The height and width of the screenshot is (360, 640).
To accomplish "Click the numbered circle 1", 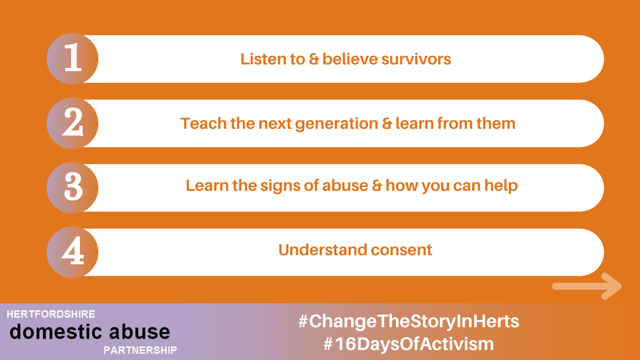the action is click(x=72, y=59).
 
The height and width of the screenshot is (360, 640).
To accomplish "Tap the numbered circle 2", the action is click(x=72, y=124).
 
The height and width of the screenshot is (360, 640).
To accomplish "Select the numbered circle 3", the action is click(x=72, y=188).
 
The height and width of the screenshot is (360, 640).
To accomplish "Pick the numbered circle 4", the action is click(x=72, y=252).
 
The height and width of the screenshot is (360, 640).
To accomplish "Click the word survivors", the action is click(x=416, y=59).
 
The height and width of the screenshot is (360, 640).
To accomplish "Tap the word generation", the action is click(x=336, y=124).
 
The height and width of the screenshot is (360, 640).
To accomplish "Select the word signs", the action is click(x=280, y=186).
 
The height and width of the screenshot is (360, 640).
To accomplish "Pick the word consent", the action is click(x=402, y=250).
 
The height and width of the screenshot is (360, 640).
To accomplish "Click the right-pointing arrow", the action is click(x=587, y=286).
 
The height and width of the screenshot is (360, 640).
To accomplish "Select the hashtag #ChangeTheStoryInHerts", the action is click(x=408, y=322).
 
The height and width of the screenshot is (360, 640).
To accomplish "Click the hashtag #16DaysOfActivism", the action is click(x=408, y=344).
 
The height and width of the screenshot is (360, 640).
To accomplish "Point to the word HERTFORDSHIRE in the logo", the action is click(x=51, y=314).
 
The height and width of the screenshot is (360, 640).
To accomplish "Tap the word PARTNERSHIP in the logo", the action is click(x=140, y=350).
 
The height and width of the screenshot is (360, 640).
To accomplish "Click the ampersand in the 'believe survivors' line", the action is click(x=314, y=59).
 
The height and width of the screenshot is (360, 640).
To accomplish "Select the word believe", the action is click(x=350, y=59).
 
